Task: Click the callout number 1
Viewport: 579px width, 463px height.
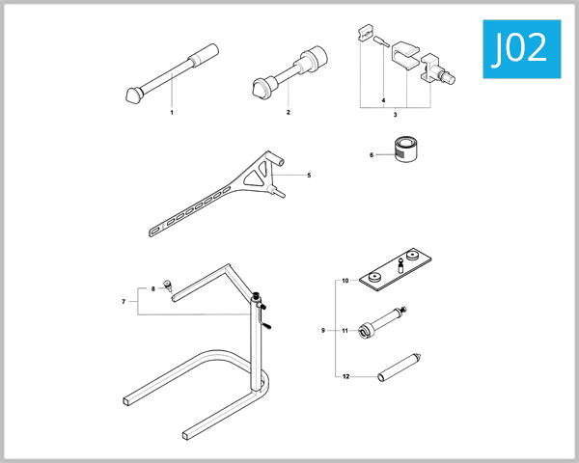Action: [x=172, y=113]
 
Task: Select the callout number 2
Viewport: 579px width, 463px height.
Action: [x=288, y=113]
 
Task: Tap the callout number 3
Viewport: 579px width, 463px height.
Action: [x=395, y=114]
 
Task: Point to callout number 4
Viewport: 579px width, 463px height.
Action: [x=383, y=99]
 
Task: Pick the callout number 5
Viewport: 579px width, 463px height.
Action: [x=309, y=176]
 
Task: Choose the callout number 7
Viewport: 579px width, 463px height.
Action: [x=124, y=302]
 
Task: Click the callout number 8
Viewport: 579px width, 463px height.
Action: [x=152, y=288]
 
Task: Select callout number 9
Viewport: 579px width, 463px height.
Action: [x=323, y=330]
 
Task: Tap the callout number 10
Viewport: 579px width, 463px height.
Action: [x=345, y=282]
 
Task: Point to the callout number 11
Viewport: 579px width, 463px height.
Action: [x=345, y=330]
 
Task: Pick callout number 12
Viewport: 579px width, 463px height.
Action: [x=345, y=375]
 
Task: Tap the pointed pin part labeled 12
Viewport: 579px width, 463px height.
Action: [x=400, y=367]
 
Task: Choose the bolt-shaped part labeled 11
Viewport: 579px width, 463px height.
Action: [x=382, y=323]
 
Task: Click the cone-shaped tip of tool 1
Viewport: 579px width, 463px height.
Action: [x=134, y=94]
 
